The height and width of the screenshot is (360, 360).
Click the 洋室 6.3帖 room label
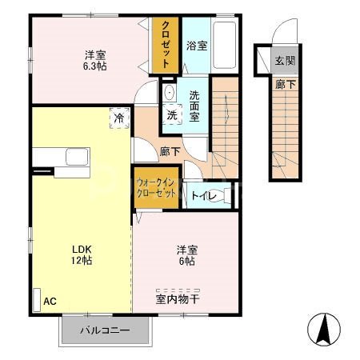[96, 61]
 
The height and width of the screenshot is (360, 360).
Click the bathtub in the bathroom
[226, 46]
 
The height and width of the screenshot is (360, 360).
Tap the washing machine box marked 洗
[172, 114]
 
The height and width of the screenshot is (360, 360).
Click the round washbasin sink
[168, 93]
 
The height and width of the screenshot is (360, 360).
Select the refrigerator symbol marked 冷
[118, 117]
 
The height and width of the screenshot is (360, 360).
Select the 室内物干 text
[178, 300]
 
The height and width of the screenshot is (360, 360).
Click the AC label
[50, 301]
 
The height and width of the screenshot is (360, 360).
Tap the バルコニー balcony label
[104, 330]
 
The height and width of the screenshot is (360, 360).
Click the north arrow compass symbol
[324, 328]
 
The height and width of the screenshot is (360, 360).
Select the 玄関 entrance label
[283, 61]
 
